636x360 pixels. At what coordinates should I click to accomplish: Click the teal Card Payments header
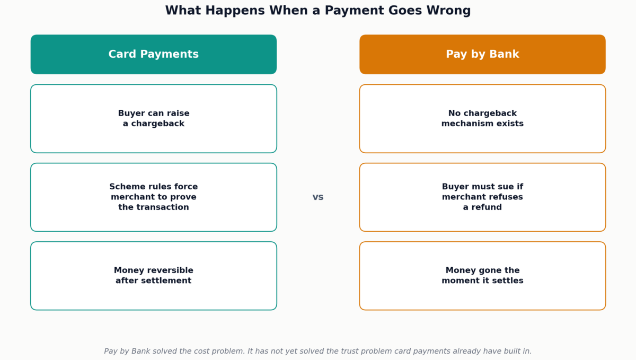pyautogui.click(x=154, y=54)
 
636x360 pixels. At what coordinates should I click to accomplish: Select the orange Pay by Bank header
pyautogui.click(x=482, y=54)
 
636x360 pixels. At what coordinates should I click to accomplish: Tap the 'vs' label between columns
pyautogui.click(x=318, y=197)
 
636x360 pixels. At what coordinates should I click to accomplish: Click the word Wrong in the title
pyautogui.click(x=448, y=11)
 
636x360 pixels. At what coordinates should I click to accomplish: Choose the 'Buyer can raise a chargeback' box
pyautogui.click(x=154, y=118)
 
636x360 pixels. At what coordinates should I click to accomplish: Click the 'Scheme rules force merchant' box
pyautogui.click(x=154, y=197)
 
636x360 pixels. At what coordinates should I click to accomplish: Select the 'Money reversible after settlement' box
pyautogui.click(x=154, y=276)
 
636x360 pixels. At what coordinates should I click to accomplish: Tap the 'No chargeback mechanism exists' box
pyautogui.click(x=482, y=118)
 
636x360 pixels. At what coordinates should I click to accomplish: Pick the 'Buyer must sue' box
pyautogui.click(x=482, y=197)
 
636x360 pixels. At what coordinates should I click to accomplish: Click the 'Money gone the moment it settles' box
pyautogui.click(x=482, y=276)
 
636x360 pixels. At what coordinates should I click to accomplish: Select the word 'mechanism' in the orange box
pyautogui.click(x=463, y=124)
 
